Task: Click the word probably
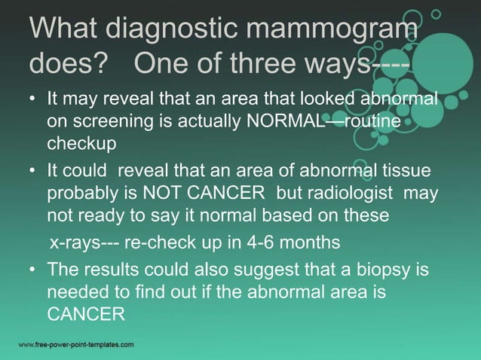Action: pos(81,194)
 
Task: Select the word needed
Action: pos(75,290)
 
